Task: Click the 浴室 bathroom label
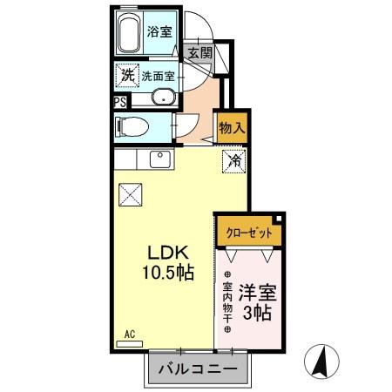click(159, 31)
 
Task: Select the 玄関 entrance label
click(200, 52)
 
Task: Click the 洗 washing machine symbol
click(126, 76)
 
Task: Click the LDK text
click(162, 252)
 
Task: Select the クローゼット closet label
click(249, 233)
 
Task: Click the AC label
click(128, 334)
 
